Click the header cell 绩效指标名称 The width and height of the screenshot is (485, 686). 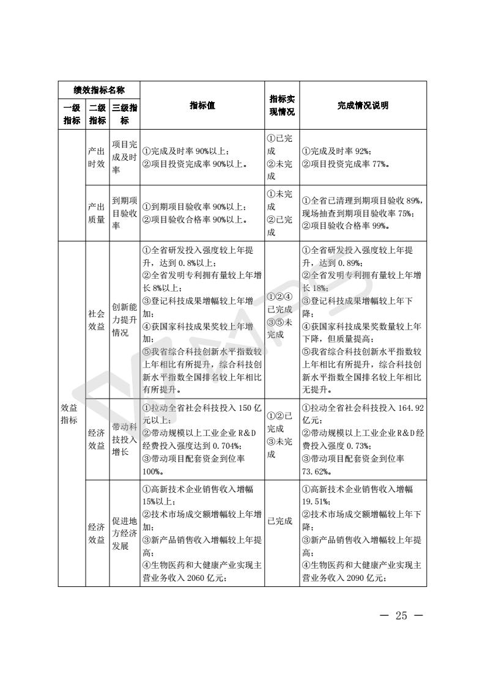[99, 90]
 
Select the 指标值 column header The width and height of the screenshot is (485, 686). [202, 105]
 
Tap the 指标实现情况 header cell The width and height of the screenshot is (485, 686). [281, 105]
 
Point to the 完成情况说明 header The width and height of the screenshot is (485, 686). [363, 105]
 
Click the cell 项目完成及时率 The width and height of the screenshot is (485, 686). [124, 157]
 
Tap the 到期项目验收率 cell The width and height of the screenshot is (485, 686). [124, 213]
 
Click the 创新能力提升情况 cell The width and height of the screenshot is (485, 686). [124, 320]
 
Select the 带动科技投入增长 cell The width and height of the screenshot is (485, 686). [124, 440]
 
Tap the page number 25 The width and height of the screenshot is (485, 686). [401, 615]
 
